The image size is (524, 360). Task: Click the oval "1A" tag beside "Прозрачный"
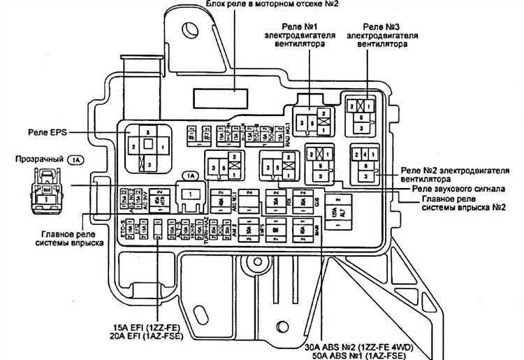tap(76, 160)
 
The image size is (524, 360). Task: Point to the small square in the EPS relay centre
tap(148, 145)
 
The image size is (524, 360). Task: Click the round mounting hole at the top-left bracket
tap(190, 29)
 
